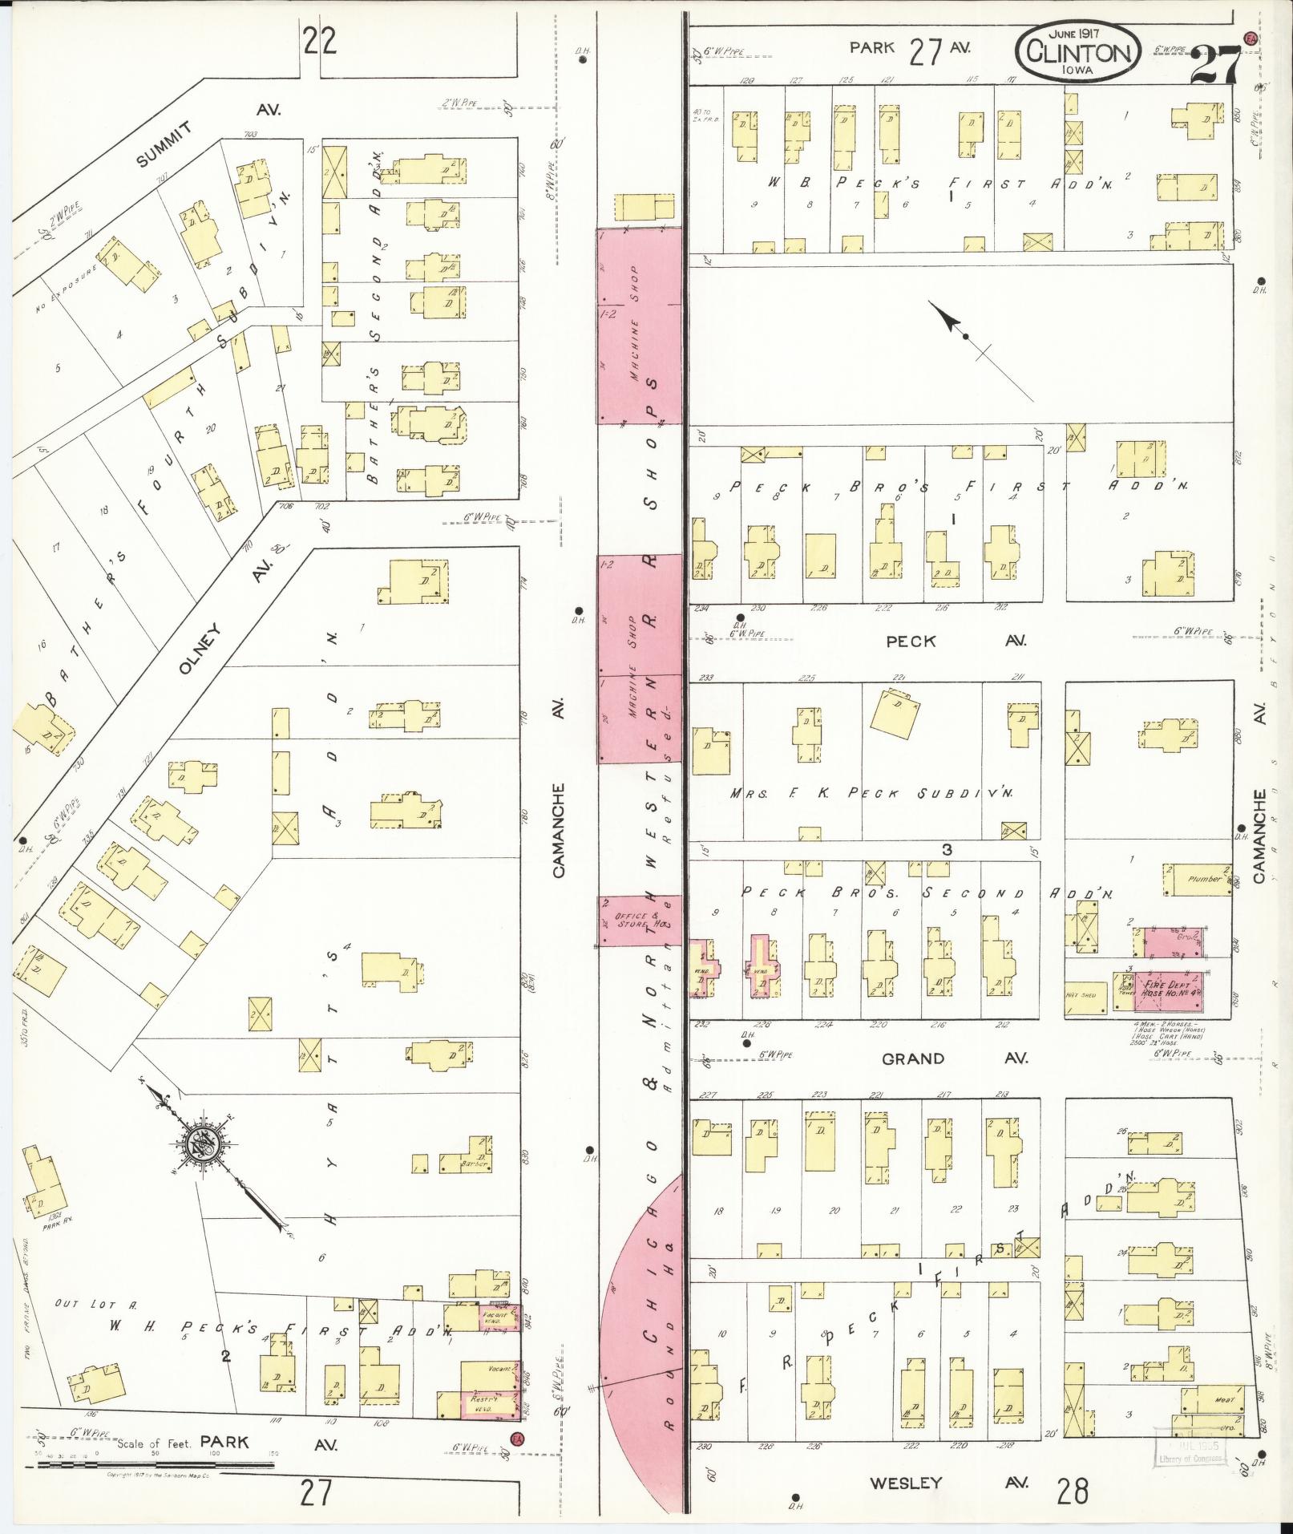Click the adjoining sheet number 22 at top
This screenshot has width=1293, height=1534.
pyautogui.click(x=319, y=40)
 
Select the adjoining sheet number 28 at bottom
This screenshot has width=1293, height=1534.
pyautogui.click(x=1072, y=1491)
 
